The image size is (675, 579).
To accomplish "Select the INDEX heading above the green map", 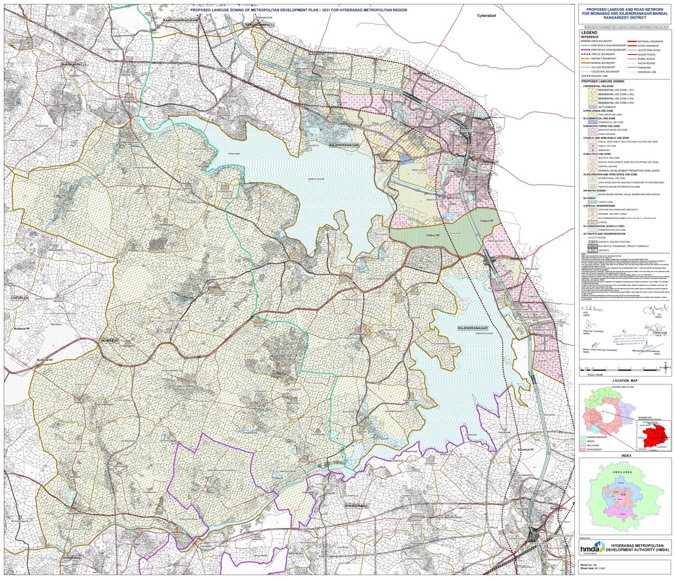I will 626,454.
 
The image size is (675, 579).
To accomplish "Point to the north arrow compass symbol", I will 667,366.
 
